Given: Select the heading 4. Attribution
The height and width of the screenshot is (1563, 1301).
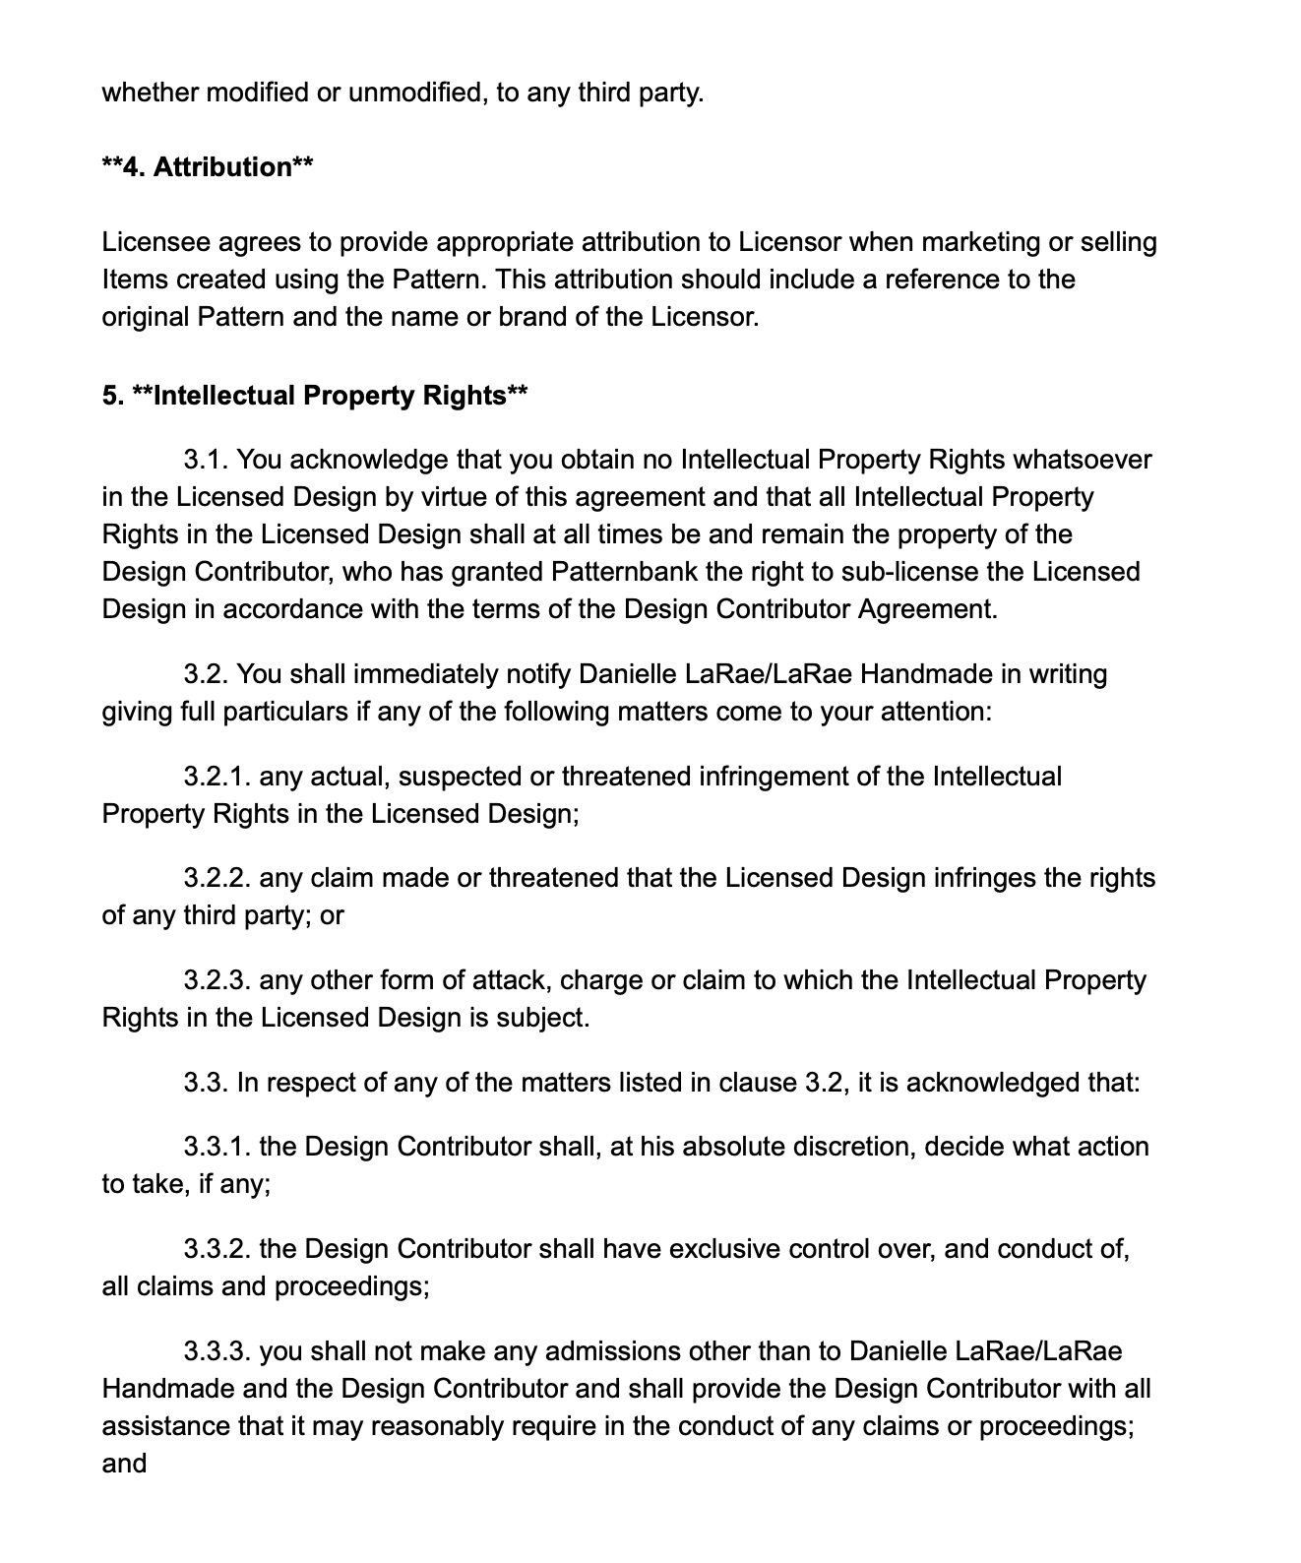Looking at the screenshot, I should [208, 167].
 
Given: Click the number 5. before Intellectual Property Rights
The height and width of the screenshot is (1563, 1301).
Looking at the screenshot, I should [112, 396].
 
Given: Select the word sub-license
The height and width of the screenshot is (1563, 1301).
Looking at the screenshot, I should [890, 572].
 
